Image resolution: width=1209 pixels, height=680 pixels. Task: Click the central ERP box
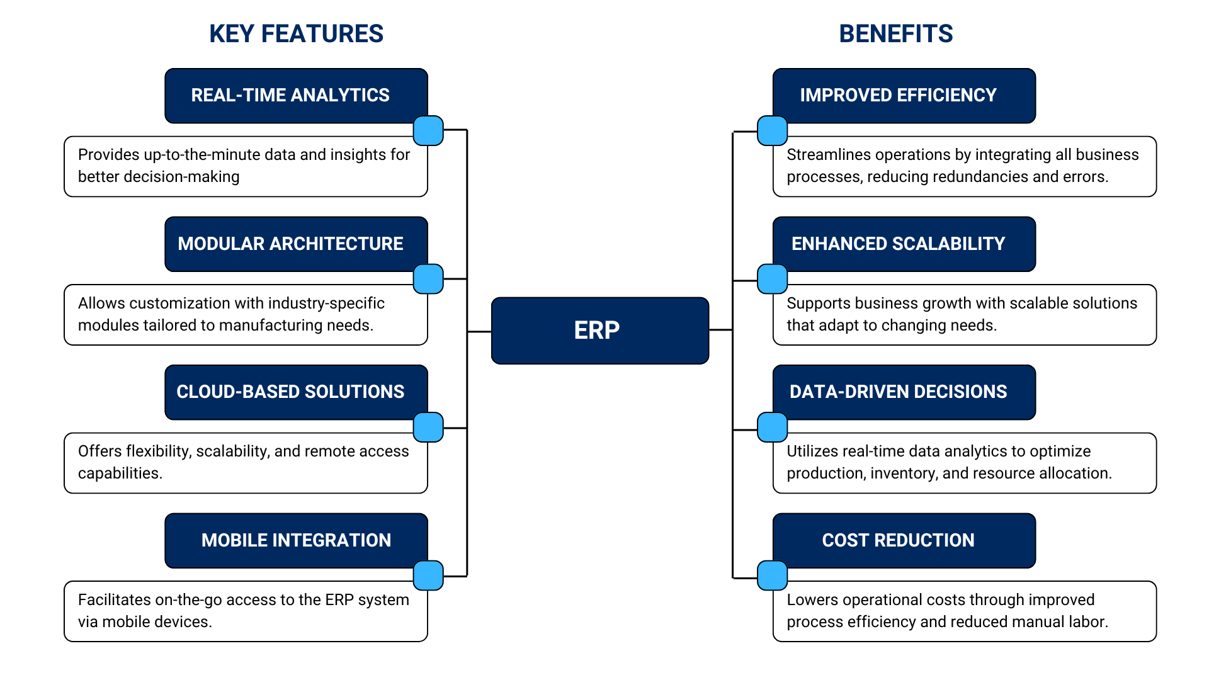[599, 331]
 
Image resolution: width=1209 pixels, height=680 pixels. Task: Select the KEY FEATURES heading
[296, 34]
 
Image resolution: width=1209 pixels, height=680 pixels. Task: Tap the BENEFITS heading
[895, 34]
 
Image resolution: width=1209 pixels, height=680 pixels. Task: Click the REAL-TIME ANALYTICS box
[290, 95]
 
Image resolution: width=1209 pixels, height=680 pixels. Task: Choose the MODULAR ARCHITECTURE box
[290, 244]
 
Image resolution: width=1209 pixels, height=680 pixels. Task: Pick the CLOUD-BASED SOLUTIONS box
[290, 392]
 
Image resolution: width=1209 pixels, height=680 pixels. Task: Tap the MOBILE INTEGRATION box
[296, 540]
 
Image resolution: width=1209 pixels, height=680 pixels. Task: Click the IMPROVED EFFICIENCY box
[898, 95]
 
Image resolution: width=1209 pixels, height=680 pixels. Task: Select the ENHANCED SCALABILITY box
[898, 244]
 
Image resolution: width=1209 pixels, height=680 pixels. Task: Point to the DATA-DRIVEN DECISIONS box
[898, 392]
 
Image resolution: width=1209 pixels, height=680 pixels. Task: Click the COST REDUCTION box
[898, 540]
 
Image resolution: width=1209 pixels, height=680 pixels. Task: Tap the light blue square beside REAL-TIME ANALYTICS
[428, 131]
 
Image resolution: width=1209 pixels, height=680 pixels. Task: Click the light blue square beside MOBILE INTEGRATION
[428, 575]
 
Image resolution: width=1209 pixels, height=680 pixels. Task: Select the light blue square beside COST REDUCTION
[772, 575]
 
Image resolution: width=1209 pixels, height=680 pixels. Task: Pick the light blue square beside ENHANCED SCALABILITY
[772, 279]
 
